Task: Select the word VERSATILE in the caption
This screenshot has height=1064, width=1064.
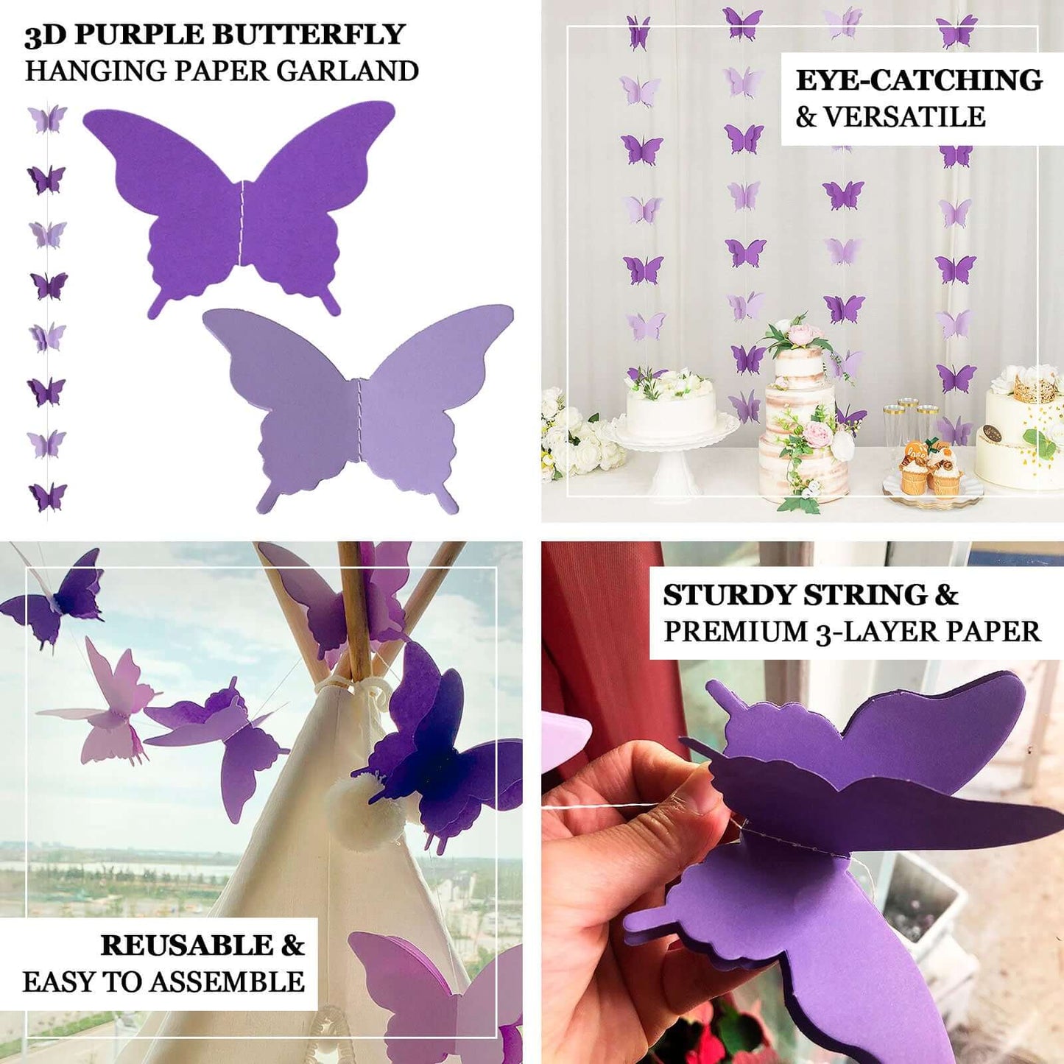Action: click(x=904, y=117)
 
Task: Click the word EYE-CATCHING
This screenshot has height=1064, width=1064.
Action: click(x=919, y=80)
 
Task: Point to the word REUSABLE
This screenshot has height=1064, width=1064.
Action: click(x=187, y=945)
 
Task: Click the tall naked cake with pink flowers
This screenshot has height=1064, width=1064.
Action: click(x=803, y=420)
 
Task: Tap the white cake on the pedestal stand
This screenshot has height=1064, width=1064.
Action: click(x=670, y=412)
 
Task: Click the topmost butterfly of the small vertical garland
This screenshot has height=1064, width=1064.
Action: click(x=47, y=119)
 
